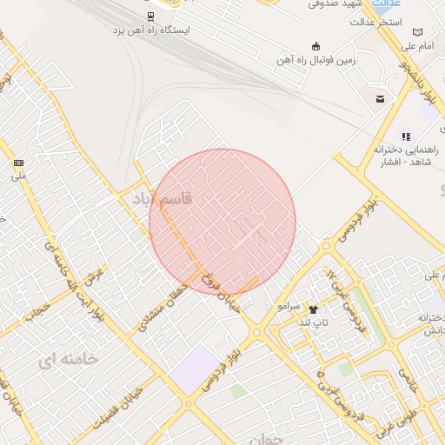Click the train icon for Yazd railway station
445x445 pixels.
(x=150, y=16)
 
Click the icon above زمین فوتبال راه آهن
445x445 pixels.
(x=315, y=45)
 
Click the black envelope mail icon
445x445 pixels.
(x=380, y=98)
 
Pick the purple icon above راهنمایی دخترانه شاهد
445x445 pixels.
(x=405, y=136)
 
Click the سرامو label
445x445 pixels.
(x=289, y=307)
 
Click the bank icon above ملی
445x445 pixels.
(x=19, y=163)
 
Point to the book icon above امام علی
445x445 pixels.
(x=417, y=31)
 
